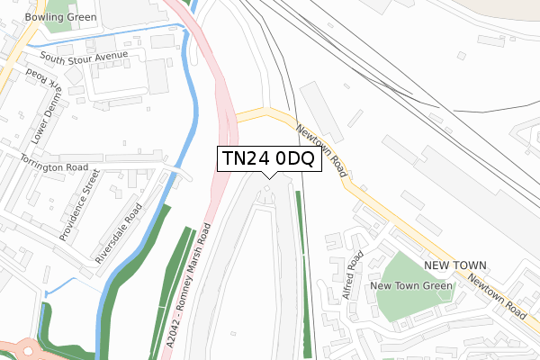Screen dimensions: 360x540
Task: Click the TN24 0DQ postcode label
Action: [x=267, y=159]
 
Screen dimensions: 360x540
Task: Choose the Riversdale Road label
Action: [x=119, y=233]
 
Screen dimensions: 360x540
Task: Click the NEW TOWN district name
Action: [x=455, y=265]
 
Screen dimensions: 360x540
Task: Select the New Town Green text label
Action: [x=412, y=286]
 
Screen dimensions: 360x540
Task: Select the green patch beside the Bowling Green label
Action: [x=59, y=22]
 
